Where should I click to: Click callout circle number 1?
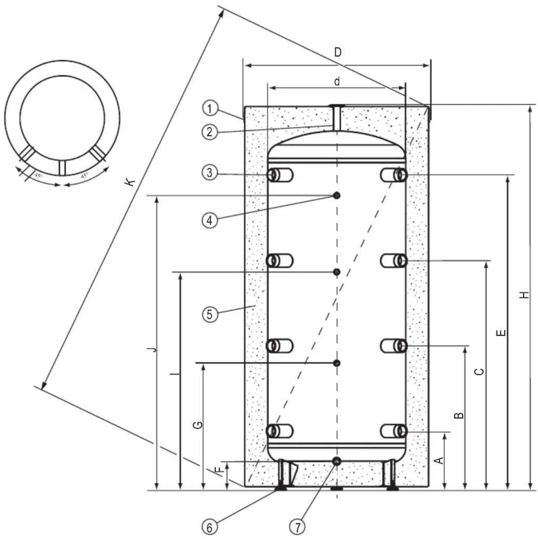(210, 108)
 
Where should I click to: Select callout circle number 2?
(210, 132)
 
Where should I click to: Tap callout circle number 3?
(210, 172)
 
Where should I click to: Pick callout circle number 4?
(210, 220)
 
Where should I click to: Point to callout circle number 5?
(210, 314)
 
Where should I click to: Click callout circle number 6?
(210, 527)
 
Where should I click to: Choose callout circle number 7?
(298, 527)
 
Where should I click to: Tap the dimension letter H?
(524, 295)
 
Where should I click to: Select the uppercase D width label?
(337, 52)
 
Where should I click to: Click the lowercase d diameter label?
(337, 81)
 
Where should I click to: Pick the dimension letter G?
(198, 425)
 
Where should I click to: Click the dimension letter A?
(440, 460)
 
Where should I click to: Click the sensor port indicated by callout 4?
(337, 195)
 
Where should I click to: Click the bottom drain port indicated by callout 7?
(336, 461)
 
